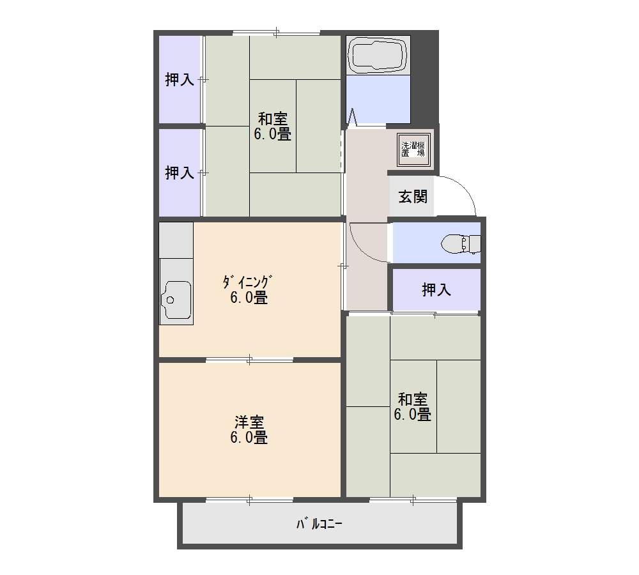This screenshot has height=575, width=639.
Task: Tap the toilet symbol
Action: pos(461,243)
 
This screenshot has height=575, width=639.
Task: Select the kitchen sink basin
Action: pos(176,299)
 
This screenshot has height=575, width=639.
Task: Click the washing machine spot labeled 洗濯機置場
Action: pos(413,149)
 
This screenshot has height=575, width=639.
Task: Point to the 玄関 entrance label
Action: pos(413,197)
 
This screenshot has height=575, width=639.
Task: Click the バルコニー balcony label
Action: pos(319,524)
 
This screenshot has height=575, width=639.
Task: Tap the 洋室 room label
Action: pos(249,422)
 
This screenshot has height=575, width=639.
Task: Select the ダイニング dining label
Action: pos(247,282)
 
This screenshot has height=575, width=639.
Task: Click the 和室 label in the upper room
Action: pos(273,119)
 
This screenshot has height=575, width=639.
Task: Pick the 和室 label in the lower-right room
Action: pos(412,399)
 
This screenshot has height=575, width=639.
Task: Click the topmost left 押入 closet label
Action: pos(180,79)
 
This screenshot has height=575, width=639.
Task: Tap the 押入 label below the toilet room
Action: pos(436,289)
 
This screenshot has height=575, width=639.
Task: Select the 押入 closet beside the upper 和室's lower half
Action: pos(180,172)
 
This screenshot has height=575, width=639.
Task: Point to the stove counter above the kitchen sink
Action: pos(176,240)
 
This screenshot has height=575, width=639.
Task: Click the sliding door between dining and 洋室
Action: pos(249,360)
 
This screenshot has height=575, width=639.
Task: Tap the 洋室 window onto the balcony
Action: pos(249,500)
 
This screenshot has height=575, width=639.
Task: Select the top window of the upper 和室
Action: pos(276,32)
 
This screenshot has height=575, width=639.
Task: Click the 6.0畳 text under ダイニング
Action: pos(249,298)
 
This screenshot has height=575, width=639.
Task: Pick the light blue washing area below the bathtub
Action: pos(378,99)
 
